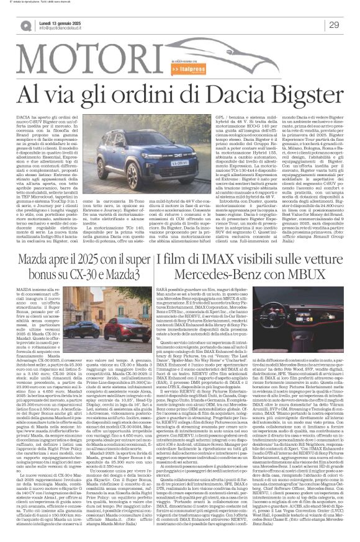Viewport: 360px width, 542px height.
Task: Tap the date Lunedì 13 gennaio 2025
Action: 68,21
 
